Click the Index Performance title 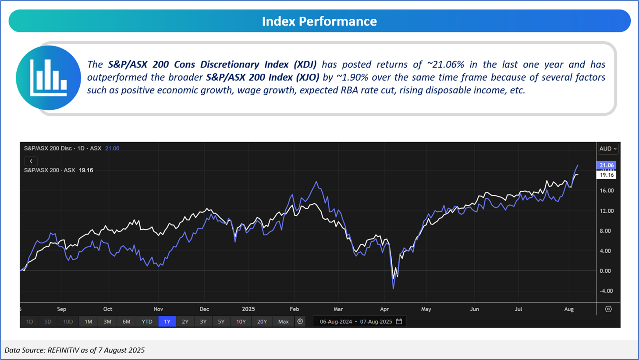point(319,21)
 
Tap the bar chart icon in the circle point(48,78)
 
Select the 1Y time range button point(167,321)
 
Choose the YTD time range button point(147,321)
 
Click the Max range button point(283,321)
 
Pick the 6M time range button point(126,321)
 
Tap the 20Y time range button point(262,321)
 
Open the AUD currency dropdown point(607,149)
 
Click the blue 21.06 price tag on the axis point(607,165)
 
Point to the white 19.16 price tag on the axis point(607,175)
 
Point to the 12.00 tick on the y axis point(607,211)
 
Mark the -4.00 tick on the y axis point(607,291)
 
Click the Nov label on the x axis point(158,309)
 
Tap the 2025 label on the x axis point(248,309)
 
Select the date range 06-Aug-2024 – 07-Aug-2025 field point(356,321)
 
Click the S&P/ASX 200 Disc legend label point(48,148)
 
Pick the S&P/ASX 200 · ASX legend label point(50,170)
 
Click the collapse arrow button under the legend point(31,161)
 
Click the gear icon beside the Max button point(300,321)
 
